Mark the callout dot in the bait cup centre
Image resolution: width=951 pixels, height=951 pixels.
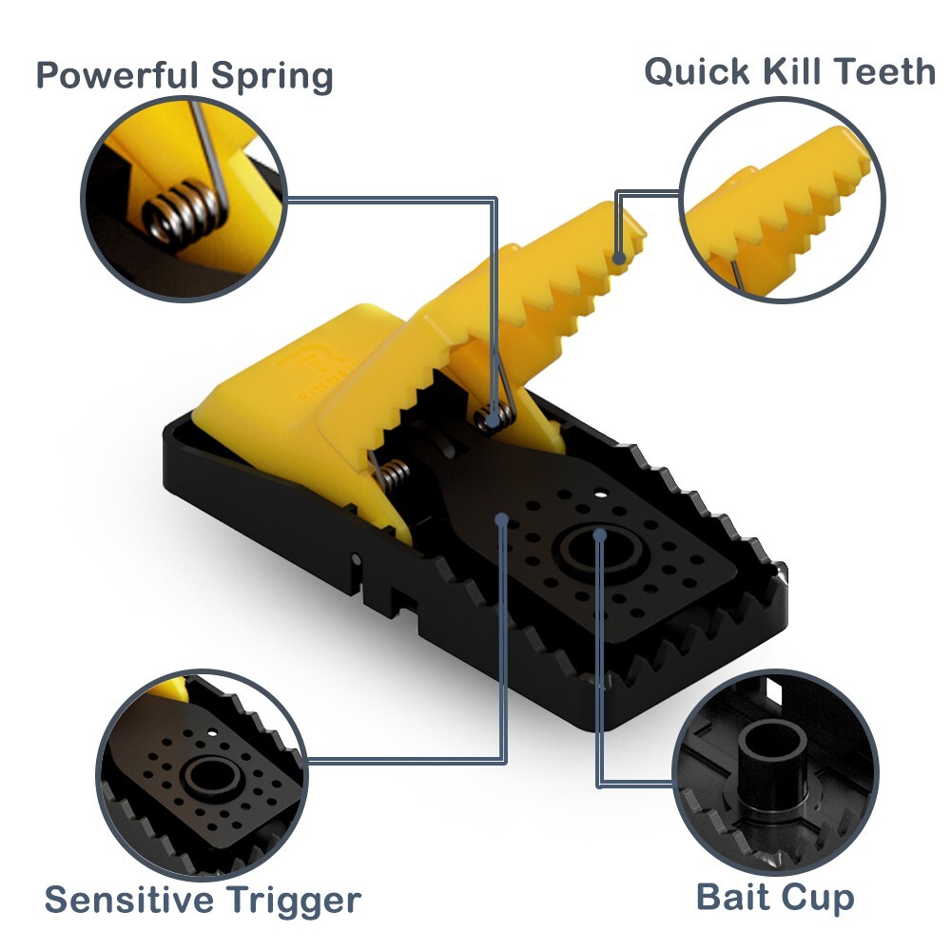click(600, 535)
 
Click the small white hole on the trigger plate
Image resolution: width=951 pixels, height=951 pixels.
click(601, 495)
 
